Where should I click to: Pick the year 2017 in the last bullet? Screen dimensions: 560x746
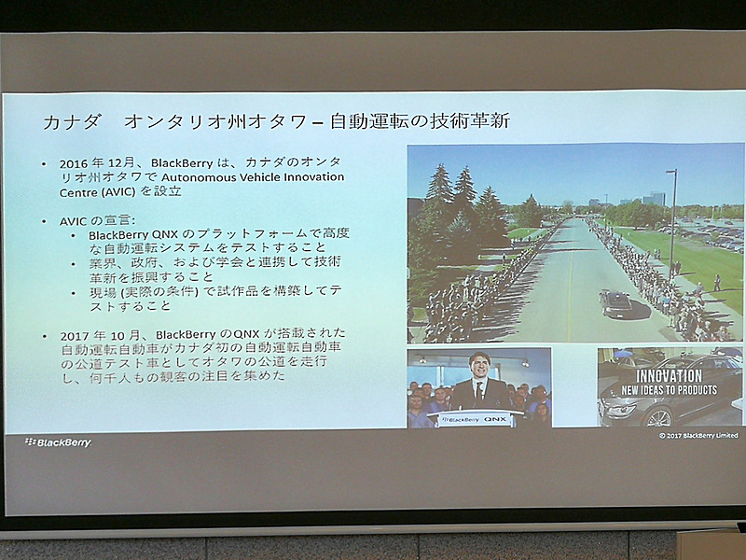[74, 334]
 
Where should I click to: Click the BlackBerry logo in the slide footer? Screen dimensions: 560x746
[58, 441]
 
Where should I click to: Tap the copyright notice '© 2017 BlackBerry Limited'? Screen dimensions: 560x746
[698, 435]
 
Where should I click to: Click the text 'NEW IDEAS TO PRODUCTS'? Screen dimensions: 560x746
[669, 389]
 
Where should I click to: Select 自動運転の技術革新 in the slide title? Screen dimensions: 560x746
[421, 122]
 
